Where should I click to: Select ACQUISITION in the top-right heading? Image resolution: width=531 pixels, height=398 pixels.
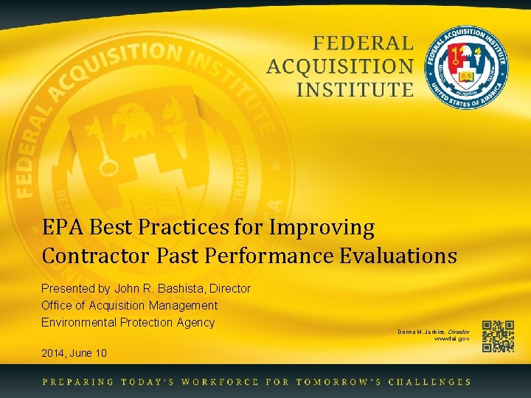point(340,67)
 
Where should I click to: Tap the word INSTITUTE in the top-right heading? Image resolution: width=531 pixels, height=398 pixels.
point(355,90)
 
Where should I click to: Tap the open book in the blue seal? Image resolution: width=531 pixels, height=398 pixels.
point(467,77)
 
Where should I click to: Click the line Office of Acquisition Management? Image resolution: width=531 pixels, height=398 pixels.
point(130,305)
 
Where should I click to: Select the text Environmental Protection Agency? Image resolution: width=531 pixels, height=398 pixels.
point(128,322)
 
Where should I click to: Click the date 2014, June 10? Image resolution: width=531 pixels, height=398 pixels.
point(74,353)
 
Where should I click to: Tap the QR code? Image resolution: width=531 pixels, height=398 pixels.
point(498,337)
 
